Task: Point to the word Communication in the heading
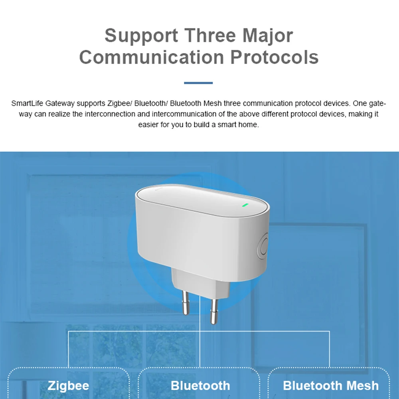point(151,57)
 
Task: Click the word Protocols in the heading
point(275,57)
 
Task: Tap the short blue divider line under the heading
point(198,83)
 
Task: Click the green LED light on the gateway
point(245,206)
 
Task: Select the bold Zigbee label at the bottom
point(68,386)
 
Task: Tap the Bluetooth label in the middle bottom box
point(200,386)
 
